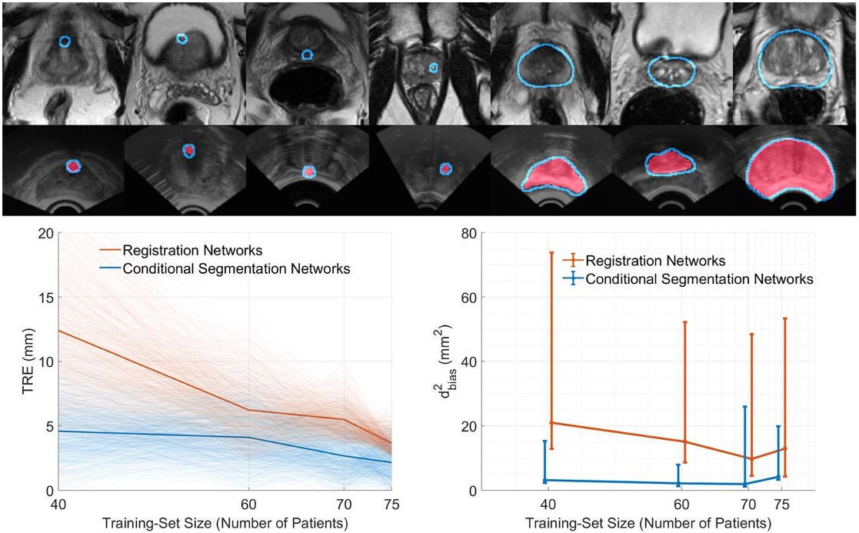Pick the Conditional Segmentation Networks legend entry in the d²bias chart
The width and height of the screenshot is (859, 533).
click(699, 279)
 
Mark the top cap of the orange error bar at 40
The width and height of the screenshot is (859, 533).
click(551, 252)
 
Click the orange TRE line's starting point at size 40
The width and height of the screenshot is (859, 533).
click(58, 331)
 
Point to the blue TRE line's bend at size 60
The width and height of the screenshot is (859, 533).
click(248, 438)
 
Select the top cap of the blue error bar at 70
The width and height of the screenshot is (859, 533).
click(744, 407)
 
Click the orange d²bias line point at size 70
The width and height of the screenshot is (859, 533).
click(751, 458)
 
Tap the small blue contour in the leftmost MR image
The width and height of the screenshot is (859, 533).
click(65, 41)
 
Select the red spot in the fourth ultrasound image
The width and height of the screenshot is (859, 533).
click(444, 168)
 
